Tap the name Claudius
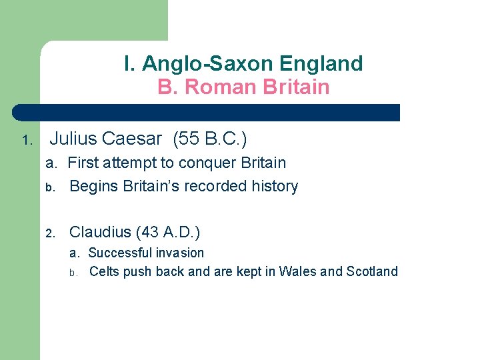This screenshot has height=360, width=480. click(100, 232)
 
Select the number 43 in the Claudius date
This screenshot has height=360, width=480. click(151, 232)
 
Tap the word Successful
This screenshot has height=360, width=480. click(120, 253)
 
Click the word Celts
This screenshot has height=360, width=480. click(104, 271)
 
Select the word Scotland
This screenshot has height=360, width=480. click(371, 271)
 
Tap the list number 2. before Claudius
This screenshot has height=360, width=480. click(50, 233)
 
